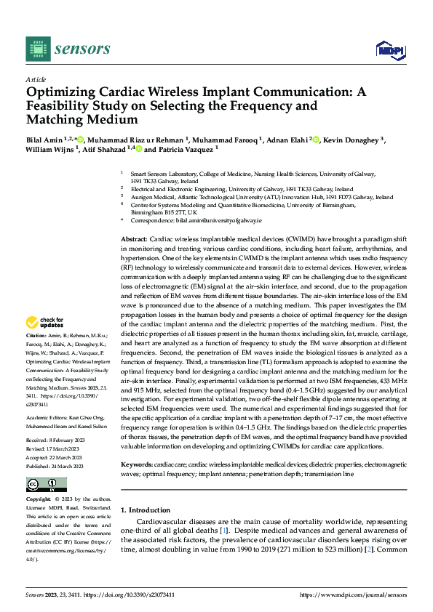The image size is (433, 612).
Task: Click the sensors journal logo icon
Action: coord(37,48)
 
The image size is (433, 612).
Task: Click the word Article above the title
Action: coord(35,78)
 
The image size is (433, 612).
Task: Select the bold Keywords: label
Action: coord(138,463)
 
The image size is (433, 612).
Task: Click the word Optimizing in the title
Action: coord(61,93)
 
